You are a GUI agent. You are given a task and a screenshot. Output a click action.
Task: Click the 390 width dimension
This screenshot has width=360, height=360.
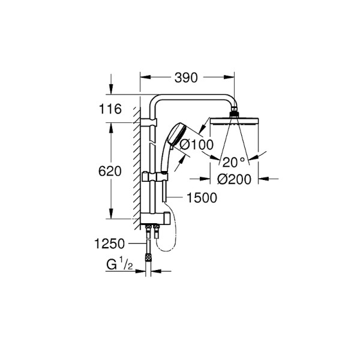[x=185, y=77]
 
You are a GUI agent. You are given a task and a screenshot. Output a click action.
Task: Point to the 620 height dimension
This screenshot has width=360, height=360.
[x=112, y=171]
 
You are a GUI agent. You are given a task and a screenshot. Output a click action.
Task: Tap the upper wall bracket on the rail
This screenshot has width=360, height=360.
[x=150, y=123]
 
